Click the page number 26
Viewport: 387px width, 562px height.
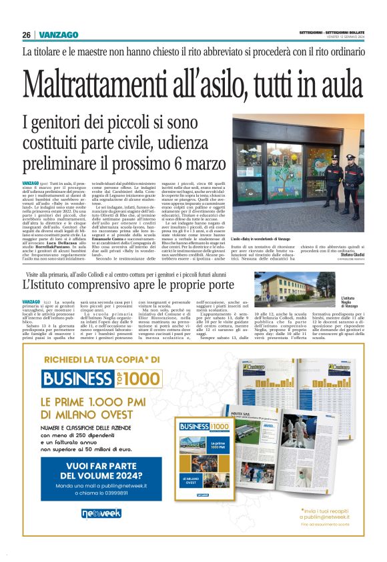(26, 35)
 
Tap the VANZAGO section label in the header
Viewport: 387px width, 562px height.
(59, 35)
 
